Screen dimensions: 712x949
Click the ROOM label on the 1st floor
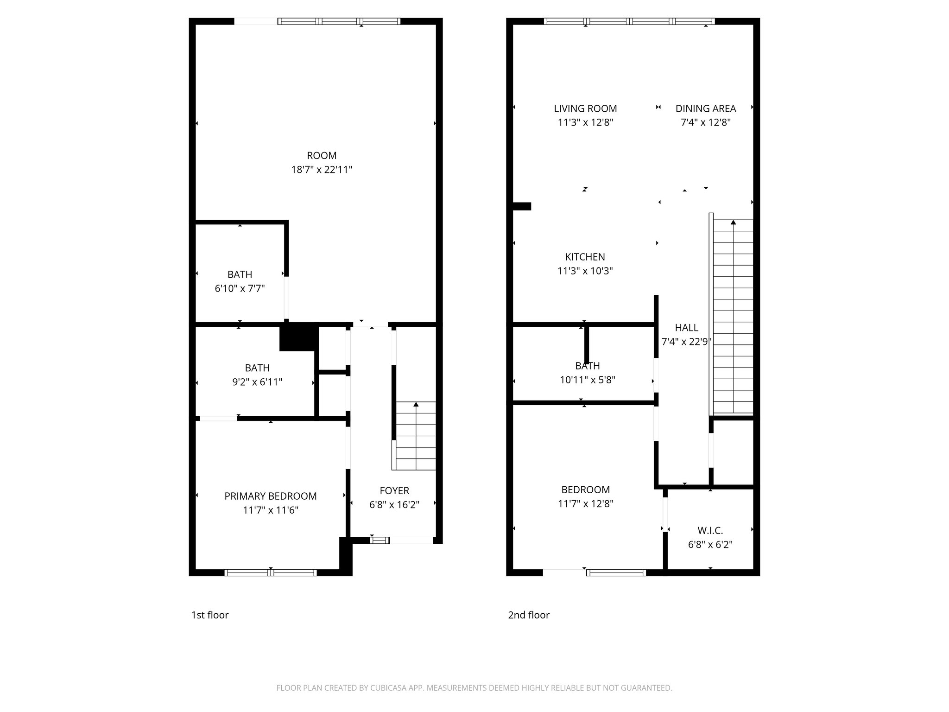tap(322, 156)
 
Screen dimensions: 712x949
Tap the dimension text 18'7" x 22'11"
tap(322, 170)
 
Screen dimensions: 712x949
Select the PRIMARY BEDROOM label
tap(271, 496)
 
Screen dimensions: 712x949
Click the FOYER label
tap(394, 490)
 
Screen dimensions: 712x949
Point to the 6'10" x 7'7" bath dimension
tap(240, 288)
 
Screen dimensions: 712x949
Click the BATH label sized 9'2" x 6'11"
tap(257, 368)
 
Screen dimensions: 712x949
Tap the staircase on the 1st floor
tap(416, 436)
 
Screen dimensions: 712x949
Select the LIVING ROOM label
tap(585, 108)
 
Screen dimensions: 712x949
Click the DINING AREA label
tap(705, 108)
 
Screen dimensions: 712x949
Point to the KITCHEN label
tap(585, 257)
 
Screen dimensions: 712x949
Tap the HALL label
tap(686, 328)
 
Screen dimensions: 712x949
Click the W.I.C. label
tap(710, 530)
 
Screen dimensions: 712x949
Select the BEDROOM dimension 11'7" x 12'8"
tap(586, 504)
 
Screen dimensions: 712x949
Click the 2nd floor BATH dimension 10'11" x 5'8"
tap(587, 380)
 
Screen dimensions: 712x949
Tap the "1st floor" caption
tap(210, 615)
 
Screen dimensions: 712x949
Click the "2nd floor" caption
tap(529, 615)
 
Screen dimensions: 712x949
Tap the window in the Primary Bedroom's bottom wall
tap(271, 573)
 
